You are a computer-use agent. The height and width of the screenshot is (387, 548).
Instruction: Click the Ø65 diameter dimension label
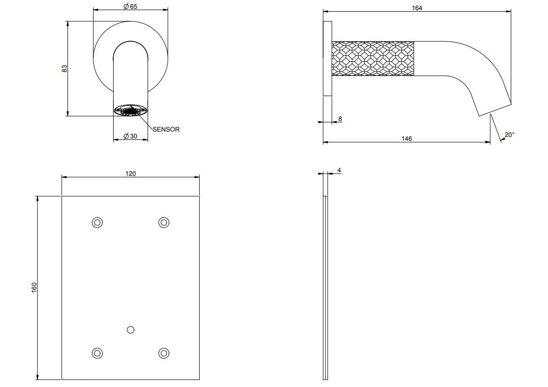click(x=130, y=7)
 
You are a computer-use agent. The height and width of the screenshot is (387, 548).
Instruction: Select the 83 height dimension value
click(x=64, y=68)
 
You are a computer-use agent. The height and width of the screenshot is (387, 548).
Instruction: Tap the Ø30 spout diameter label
click(x=130, y=136)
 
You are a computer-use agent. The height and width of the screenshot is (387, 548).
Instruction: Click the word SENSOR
click(x=166, y=129)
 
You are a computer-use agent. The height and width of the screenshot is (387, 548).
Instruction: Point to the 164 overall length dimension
click(x=417, y=8)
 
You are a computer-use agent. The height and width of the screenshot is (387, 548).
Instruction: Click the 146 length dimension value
click(x=407, y=139)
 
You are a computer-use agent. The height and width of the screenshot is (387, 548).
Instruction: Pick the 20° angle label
click(x=510, y=135)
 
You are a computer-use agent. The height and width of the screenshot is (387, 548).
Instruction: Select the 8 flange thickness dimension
click(x=340, y=119)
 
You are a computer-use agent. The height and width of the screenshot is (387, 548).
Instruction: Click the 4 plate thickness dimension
click(x=339, y=170)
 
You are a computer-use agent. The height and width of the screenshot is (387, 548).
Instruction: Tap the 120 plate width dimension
click(x=130, y=173)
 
